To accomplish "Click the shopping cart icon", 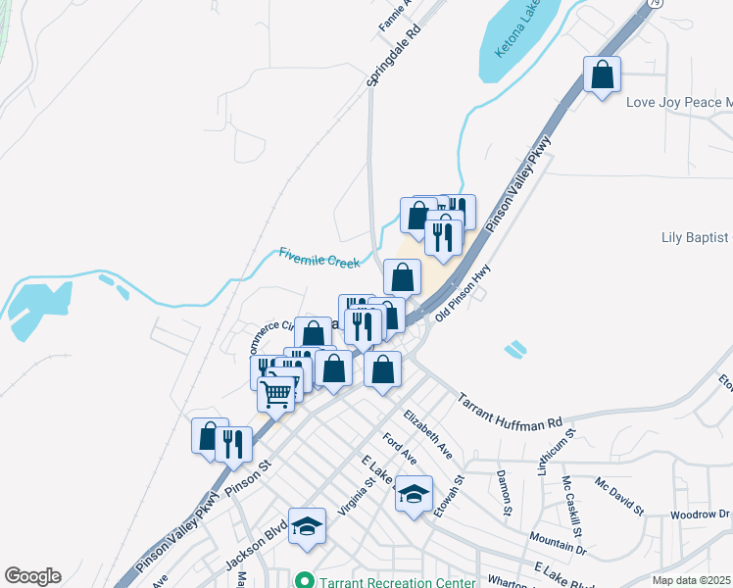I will coord(277,394).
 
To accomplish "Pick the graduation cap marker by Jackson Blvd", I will coord(308,526).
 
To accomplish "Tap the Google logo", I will coord(32,576).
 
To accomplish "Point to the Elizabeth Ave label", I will coord(427,433).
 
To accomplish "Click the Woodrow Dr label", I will coord(701,514).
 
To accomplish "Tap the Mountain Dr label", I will coord(558,542).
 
